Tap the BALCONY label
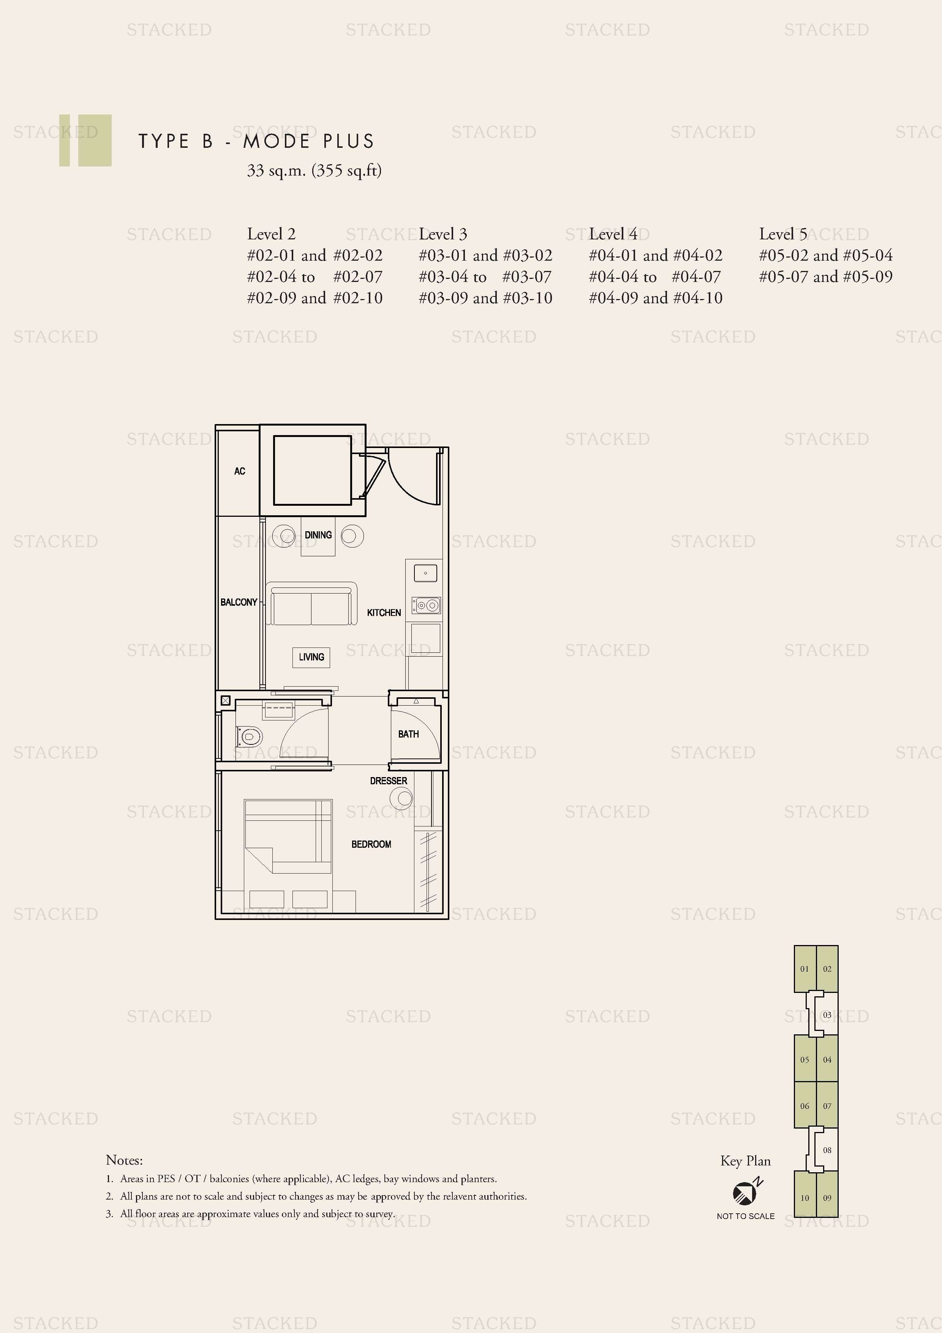tap(239, 602)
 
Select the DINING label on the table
tap(318, 535)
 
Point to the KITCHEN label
tap(384, 613)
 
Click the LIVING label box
tap(311, 657)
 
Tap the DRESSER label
tap(388, 781)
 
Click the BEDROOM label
tap(371, 844)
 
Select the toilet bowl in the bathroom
tap(249, 737)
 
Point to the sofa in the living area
tap(311, 605)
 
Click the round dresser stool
tap(405, 798)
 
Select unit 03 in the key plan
tap(827, 1015)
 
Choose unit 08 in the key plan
tap(827, 1150)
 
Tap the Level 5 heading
tap(783, 234)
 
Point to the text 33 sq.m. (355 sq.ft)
tap(314, 171)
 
